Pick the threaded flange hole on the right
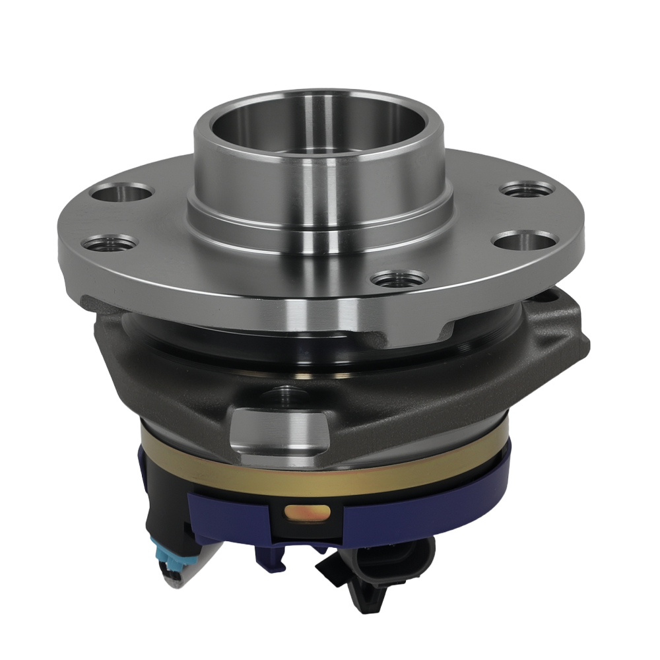pyautogui.click(x=526, y=190)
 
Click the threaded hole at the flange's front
pyautogui.click(x=398, y=279)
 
